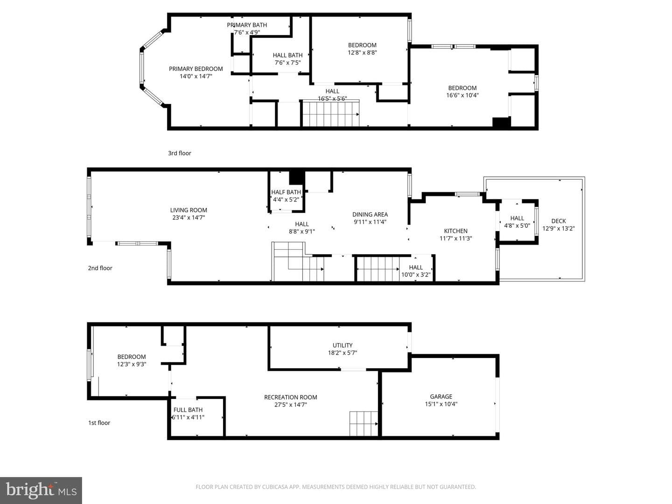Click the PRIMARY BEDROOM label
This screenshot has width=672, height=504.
pos(196,69)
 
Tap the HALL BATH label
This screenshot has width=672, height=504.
pos(287,56)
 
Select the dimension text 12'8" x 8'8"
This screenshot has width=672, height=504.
pos(362,52)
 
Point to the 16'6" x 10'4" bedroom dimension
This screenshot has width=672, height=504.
pos(462,95)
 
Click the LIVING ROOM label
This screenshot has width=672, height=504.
pos(189,210)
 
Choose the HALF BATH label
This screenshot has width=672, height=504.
pos(286,192)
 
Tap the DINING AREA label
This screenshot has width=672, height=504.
pos(370,215)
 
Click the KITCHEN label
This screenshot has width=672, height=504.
pos(455,231)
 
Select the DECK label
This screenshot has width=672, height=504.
pos(559,221)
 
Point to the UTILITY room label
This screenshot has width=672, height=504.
pos(342,345)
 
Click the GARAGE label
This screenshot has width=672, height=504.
pos(441,397)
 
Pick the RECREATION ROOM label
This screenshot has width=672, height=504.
pos(291,397)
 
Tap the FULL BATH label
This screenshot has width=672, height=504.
pos(188,410)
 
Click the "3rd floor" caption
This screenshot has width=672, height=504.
pos(179,153)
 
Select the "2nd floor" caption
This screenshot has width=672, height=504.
pos(100,268)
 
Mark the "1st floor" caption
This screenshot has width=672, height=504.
pos(99,423)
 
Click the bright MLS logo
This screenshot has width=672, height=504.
pos(41,490)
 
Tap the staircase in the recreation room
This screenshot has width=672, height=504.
pos(364,424)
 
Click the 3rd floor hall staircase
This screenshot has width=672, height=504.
pos(331,113)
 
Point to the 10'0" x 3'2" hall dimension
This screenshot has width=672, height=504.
pos(416,275)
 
